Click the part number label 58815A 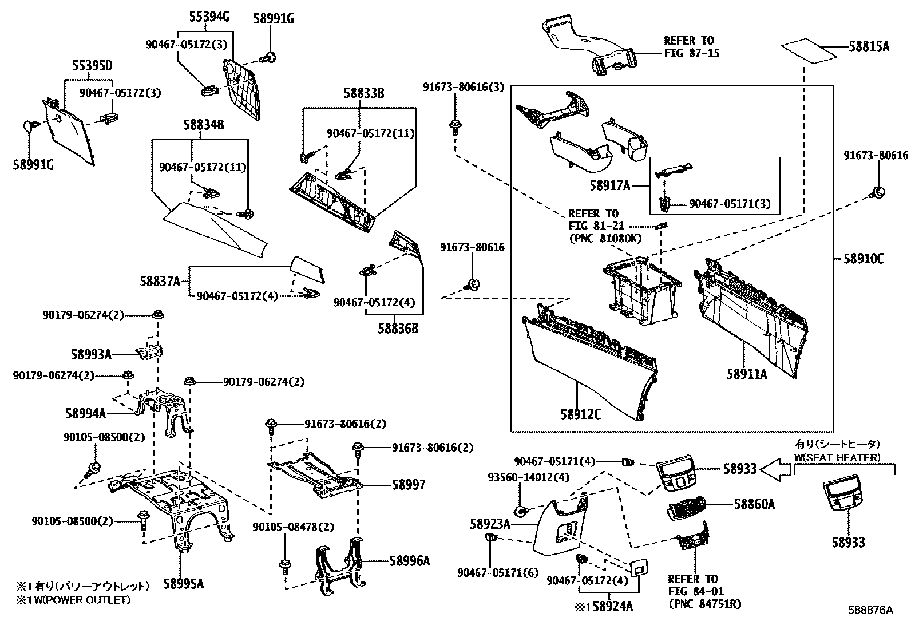pos(869,47)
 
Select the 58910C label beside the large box pos(864,259)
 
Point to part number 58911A pos(747,374)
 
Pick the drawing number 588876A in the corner pos(870,610)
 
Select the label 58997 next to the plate pos(409,485)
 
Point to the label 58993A pos(91,354)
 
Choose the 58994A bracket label pos(85,413)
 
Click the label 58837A pos(160,281)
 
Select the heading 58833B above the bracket pos(363,93)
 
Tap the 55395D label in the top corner pos(92,66)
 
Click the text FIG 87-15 pos(691,53)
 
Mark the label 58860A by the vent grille pos(754,504)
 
